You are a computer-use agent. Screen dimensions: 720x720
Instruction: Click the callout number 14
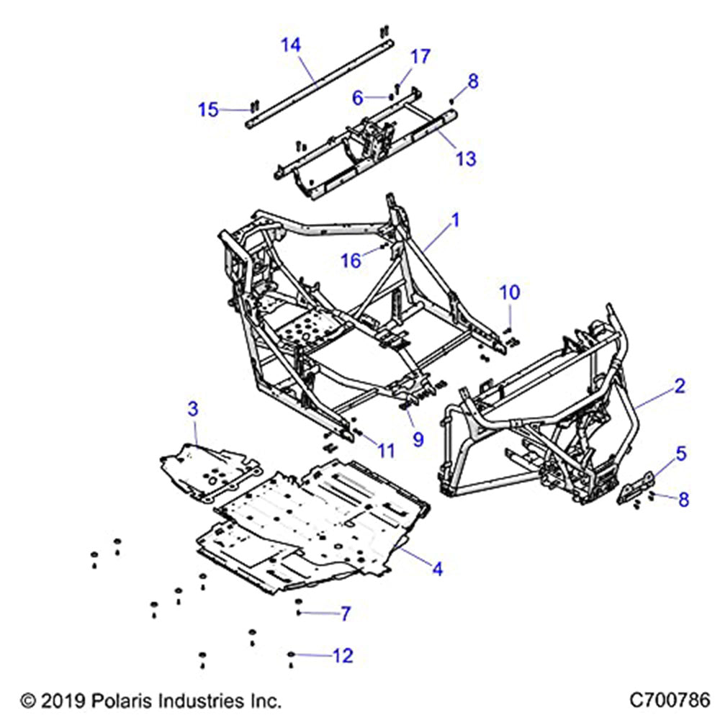(x=290, y=45)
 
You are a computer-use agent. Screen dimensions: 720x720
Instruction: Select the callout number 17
(x=420, y=56)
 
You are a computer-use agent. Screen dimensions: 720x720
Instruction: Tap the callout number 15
(x=208, y=109)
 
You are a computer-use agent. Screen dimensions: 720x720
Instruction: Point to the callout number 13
(x=466, y=158)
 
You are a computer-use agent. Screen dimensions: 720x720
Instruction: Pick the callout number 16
(x=351, y=260)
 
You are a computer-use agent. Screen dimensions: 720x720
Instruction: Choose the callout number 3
(x=192, y=410)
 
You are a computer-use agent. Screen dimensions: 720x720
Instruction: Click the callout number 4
(x=436, y=569)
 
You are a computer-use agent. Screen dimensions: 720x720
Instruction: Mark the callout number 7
(x=345, y=613)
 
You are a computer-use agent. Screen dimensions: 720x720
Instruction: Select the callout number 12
(x=343, y=655)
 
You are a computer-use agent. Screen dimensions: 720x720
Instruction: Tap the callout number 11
(x=386, y=451)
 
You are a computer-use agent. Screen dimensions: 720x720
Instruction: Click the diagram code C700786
(x=670, y=699)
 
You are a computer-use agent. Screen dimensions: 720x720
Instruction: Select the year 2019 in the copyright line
(x=63, y=700)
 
